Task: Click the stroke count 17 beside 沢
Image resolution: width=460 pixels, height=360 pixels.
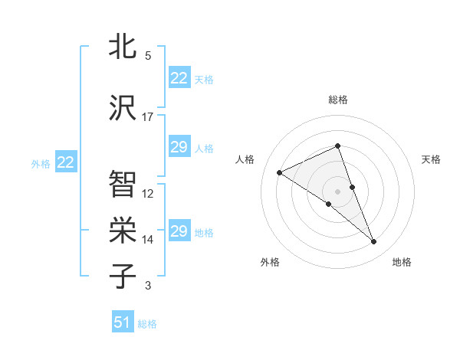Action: (x=148, y=117)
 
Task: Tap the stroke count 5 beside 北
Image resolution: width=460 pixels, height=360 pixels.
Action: (x=148, y=56)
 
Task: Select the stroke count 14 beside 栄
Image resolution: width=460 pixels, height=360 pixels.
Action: (x=148, y=240)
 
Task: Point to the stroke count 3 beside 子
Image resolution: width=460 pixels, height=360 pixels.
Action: (x=148, y=286)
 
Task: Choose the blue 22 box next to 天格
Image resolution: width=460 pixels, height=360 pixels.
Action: (x=179, y=78)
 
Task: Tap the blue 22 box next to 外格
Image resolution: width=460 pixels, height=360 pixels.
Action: (x=66, y=162)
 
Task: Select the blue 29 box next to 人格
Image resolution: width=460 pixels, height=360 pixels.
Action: (x=179, y=147)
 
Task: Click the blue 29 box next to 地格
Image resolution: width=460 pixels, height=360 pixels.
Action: (x=179, y=231)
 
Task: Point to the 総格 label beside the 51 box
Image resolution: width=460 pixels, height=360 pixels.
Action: (x=147, y=324)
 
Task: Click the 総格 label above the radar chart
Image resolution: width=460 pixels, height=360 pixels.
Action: (x=337, y=100)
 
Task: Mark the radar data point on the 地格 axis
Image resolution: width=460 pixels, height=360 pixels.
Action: (x=374, y=242)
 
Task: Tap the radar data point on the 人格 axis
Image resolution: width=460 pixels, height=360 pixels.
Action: (x=280, y=172)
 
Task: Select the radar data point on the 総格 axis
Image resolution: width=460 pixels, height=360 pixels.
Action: (x=337, y=146)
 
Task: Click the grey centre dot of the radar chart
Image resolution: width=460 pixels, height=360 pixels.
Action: (x=337, y=191)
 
